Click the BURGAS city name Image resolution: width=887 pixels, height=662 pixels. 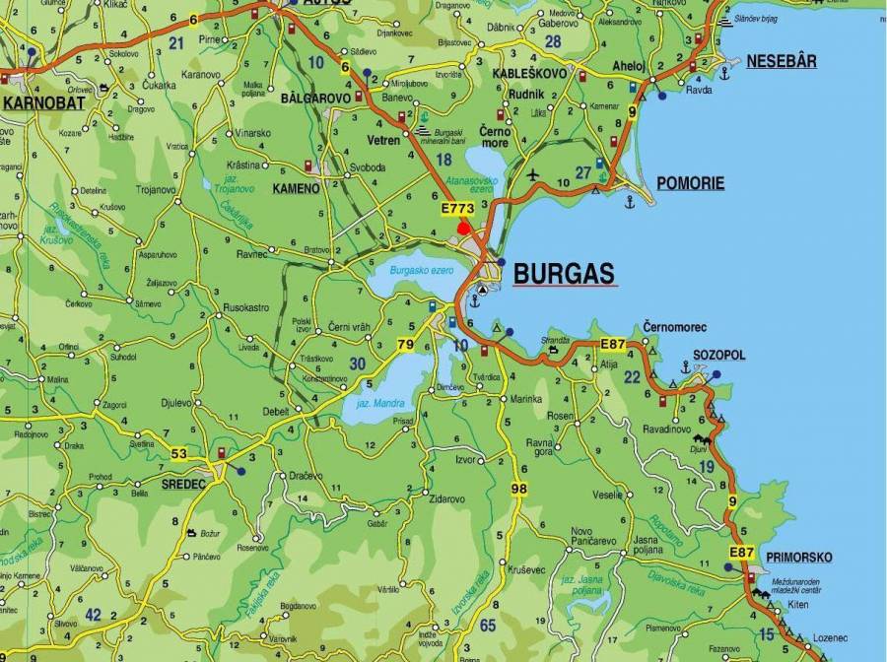564,273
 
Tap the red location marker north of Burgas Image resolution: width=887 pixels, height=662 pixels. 463,228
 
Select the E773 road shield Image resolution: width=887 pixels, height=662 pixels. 457,209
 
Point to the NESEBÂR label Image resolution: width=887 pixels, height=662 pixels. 781,61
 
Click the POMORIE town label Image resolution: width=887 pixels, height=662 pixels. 690,183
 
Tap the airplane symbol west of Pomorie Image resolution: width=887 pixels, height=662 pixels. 534,175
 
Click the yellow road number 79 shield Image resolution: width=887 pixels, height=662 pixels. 405,345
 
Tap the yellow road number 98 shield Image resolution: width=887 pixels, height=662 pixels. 519,489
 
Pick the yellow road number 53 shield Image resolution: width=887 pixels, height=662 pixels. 178,453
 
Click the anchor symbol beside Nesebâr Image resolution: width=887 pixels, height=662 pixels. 724,72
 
